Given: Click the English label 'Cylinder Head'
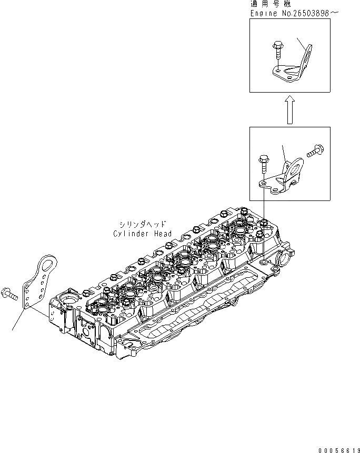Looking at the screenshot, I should coord(142,234).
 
